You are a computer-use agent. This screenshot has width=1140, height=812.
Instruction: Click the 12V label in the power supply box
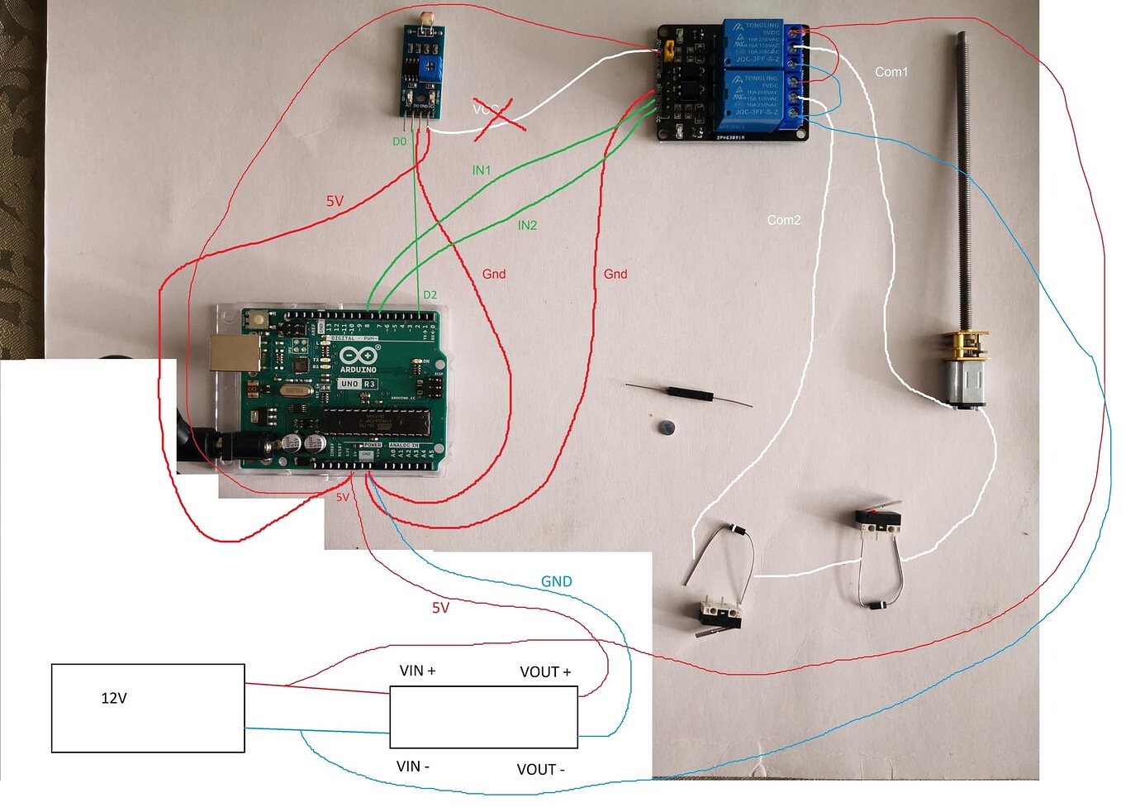(114, 699)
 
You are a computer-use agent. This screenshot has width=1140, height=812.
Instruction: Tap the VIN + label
(417, 671)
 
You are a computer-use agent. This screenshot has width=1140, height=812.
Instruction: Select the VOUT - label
(540, 770)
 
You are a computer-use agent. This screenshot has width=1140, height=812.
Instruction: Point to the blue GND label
(556, 581)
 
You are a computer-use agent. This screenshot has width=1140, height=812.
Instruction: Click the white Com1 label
(891, 72)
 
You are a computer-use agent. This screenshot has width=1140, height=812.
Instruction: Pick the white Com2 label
(783, 220)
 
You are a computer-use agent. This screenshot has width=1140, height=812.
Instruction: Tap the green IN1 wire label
(481, 170)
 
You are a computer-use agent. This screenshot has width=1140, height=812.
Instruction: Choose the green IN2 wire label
(527, 225)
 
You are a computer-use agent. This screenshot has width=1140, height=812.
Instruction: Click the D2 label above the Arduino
(430, 294)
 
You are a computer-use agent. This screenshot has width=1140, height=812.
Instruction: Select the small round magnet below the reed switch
(666, 427)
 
